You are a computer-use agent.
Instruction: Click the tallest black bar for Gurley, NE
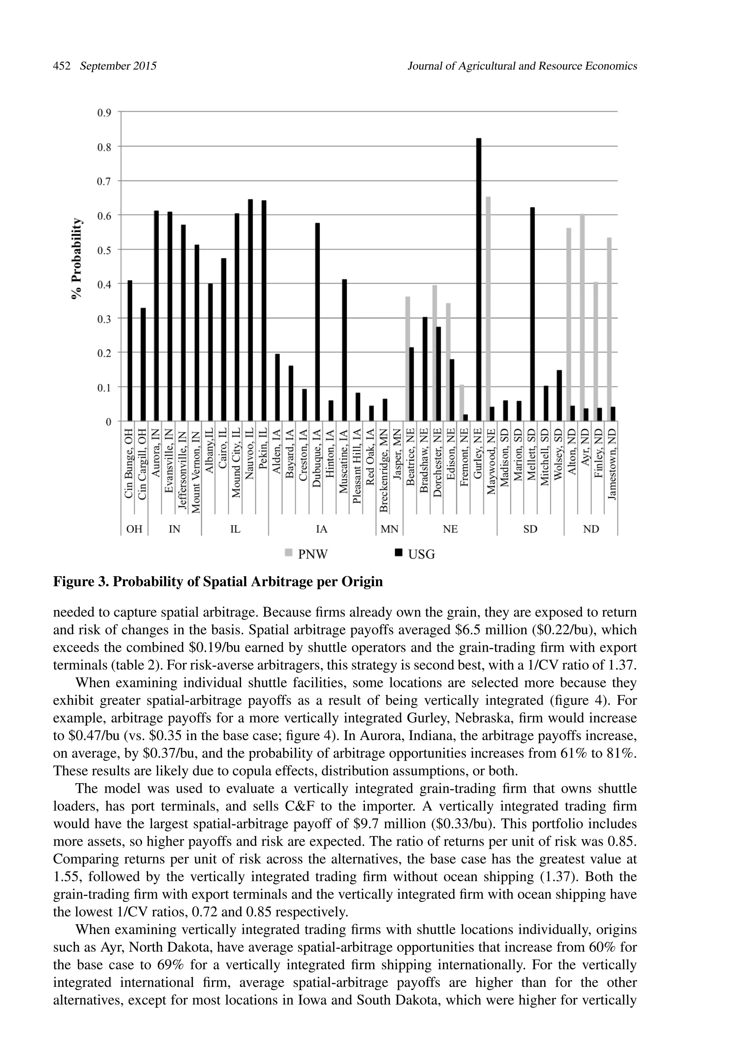(479, 279)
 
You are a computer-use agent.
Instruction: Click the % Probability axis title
(78, 259)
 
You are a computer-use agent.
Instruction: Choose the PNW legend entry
(307, 554)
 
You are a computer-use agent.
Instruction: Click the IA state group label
(322, 529)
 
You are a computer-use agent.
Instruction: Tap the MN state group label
(390, 529)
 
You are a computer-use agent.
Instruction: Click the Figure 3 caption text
(218, 582)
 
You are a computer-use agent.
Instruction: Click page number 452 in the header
(62, 66)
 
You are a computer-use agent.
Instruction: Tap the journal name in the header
(522, 66)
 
